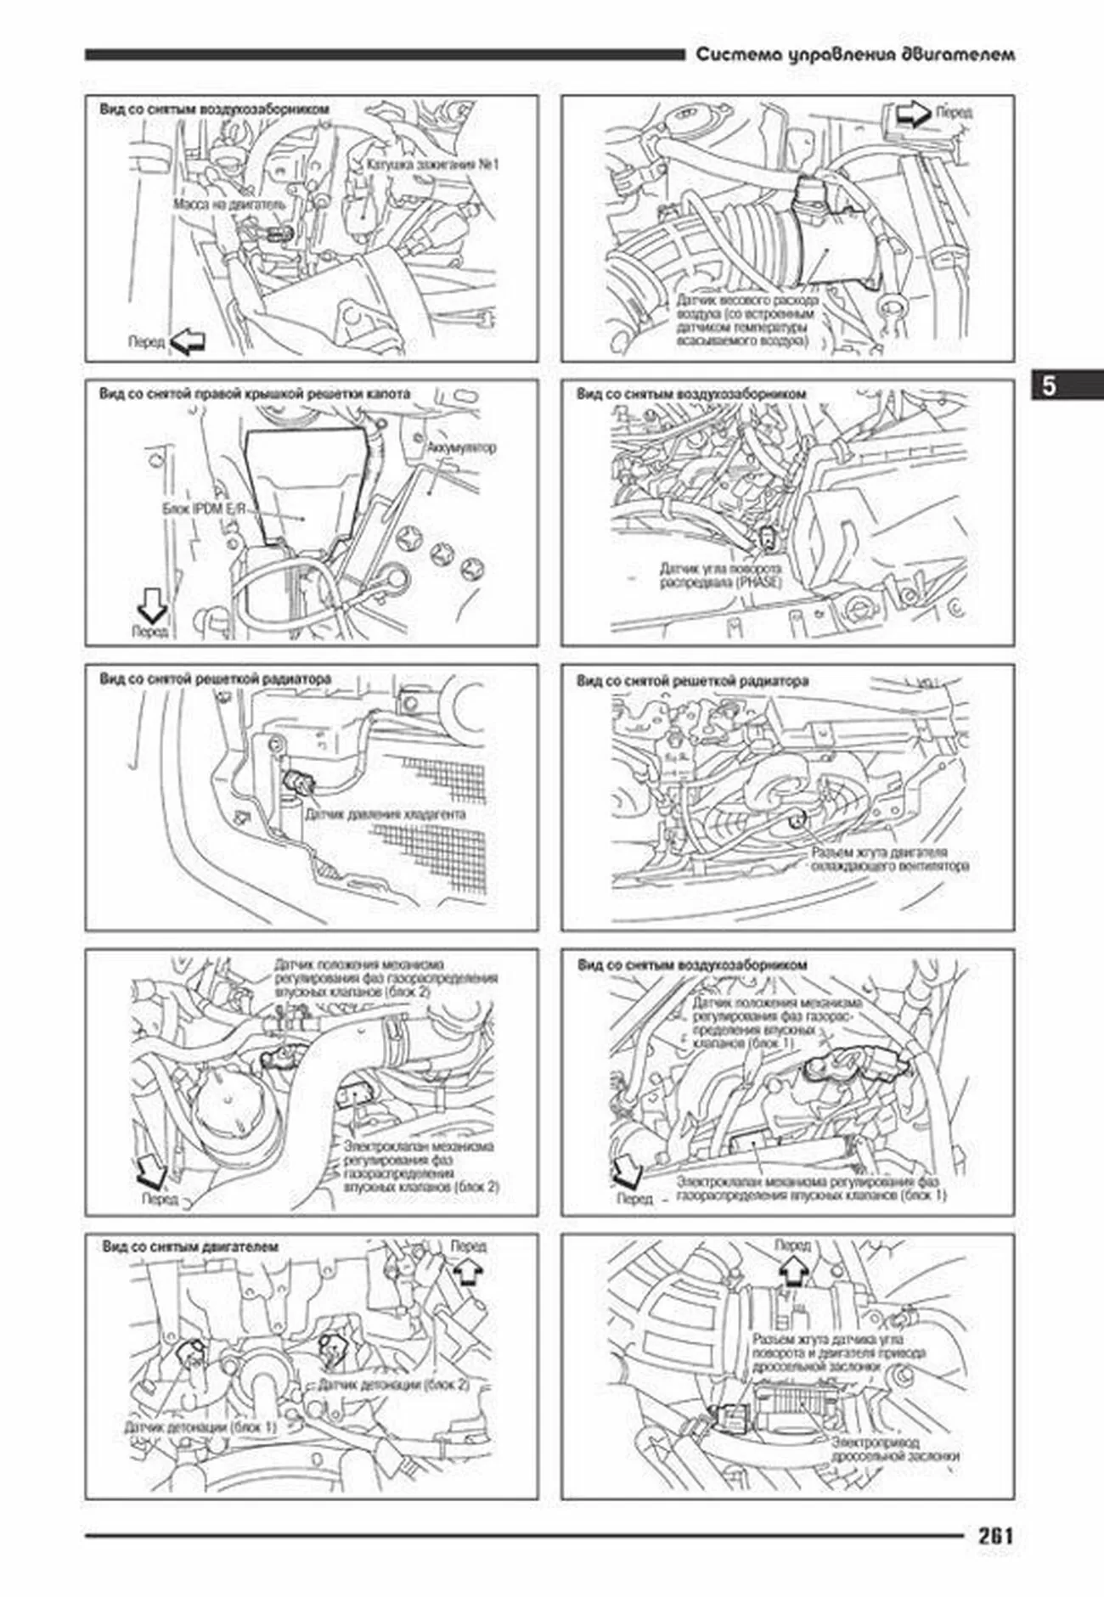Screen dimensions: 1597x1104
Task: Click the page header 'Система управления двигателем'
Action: tap(855, 55)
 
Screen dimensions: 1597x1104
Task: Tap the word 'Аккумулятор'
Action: tap(461, 447)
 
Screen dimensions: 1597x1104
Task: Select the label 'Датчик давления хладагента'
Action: tap(385, 814)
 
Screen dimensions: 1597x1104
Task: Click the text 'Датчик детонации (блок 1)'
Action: tap(200, 1427)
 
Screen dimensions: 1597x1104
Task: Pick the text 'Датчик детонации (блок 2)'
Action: tap(393, 1385)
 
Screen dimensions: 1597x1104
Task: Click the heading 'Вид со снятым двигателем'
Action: tap(190, 1247)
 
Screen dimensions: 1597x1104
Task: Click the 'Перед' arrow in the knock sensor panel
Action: tap(466, 1271)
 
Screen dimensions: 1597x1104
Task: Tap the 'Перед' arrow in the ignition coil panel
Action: tap(188, 341)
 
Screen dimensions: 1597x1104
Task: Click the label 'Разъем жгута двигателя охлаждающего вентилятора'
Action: tap(889, 858)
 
